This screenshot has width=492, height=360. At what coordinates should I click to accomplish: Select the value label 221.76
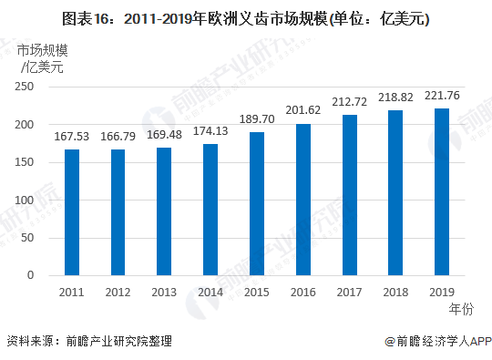(442, 97)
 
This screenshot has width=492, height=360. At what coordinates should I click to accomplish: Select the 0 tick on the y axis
(30, 275)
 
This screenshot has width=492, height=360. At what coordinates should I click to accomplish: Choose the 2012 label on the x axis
(118, 292)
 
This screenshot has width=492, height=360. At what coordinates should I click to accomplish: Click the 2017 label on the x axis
(350, 292)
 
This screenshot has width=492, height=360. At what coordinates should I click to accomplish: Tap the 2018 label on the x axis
(396, 292)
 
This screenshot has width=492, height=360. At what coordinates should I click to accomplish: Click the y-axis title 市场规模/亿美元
(41, 58)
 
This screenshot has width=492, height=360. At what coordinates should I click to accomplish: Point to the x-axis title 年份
(462, 310)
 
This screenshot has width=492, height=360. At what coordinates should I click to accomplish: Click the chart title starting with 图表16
(246, 18)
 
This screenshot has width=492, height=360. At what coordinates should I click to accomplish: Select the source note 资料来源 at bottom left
(88, 342)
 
